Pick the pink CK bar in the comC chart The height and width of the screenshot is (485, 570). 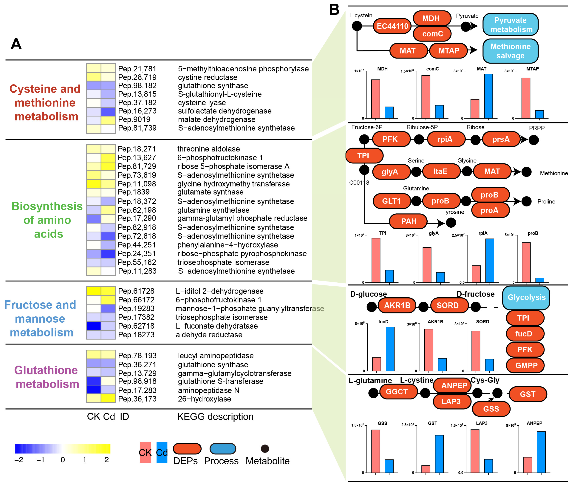pyautogui.click(x=426, y=97)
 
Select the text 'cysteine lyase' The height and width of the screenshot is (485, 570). pyautogui.click(x=202, y=102)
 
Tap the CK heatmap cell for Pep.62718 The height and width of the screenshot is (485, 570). pyautogui.click(x=94, y=326)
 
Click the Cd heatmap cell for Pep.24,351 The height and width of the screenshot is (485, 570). pyautogui.click(x=108, y=254)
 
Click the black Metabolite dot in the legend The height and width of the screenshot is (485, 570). pyautogui.click(x=265, y=449)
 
